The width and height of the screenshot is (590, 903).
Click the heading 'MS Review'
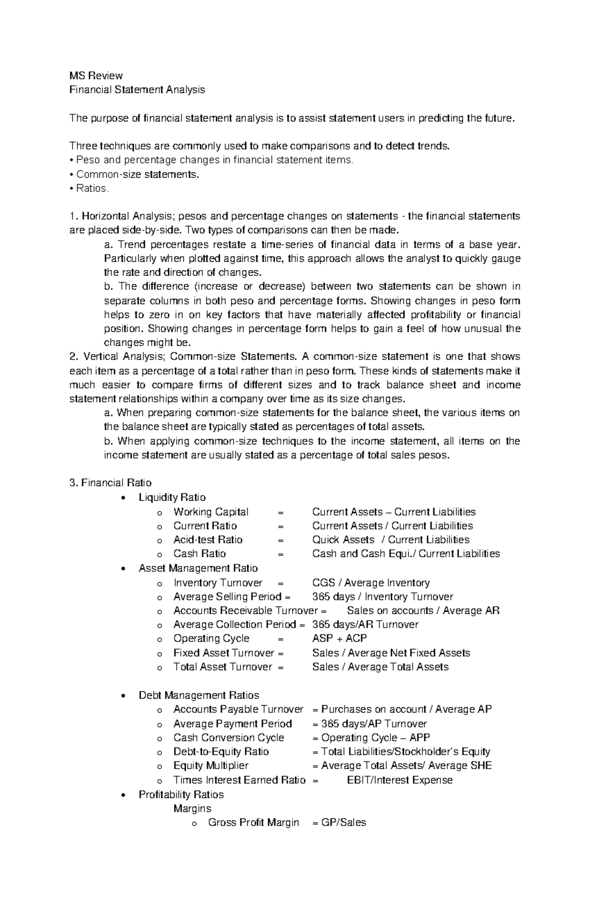click(96, 76)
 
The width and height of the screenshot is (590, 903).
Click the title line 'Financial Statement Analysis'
click(137, 90)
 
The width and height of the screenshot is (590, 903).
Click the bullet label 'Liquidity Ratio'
click(172, 498)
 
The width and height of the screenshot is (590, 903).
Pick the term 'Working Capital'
click(211, 512)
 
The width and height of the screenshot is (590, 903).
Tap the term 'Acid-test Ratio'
click(208, 540)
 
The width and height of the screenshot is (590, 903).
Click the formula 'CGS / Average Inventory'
click(371, 583)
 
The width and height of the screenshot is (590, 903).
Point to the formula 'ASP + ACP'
click(340, 638)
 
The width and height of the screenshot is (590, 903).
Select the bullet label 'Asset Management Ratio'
click(198, 568)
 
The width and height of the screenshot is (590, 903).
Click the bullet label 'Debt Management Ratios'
click(199, 695)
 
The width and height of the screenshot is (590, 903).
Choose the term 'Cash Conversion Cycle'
click(229, 738)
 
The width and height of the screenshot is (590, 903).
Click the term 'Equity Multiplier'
click(211, 766)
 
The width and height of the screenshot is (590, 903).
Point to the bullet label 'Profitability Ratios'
click(181, 795)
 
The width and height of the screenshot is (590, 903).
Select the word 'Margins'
click(192, 809)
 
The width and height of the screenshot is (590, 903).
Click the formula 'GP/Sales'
click(344, 822)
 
